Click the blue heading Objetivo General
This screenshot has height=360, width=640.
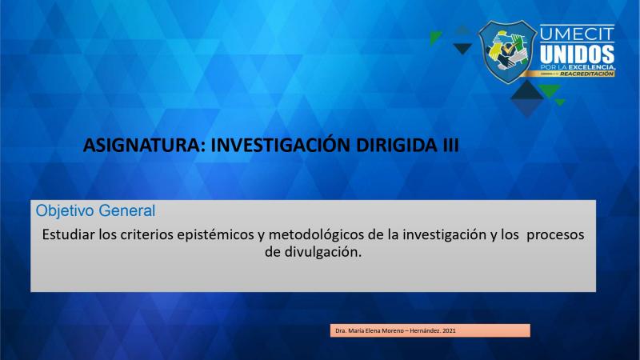point(95,211)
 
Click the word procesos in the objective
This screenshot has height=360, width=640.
point(555,235)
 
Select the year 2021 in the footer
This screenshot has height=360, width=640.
point(449,330)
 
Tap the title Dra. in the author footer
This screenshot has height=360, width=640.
point(341,330)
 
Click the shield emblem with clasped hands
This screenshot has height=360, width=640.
point(507,52)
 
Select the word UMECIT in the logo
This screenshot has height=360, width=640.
point(577,34)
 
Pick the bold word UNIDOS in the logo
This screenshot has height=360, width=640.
point(577,54)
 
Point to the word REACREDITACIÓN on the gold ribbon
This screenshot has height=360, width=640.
point(586,74)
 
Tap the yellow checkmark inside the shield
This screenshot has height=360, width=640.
point(507,50)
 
